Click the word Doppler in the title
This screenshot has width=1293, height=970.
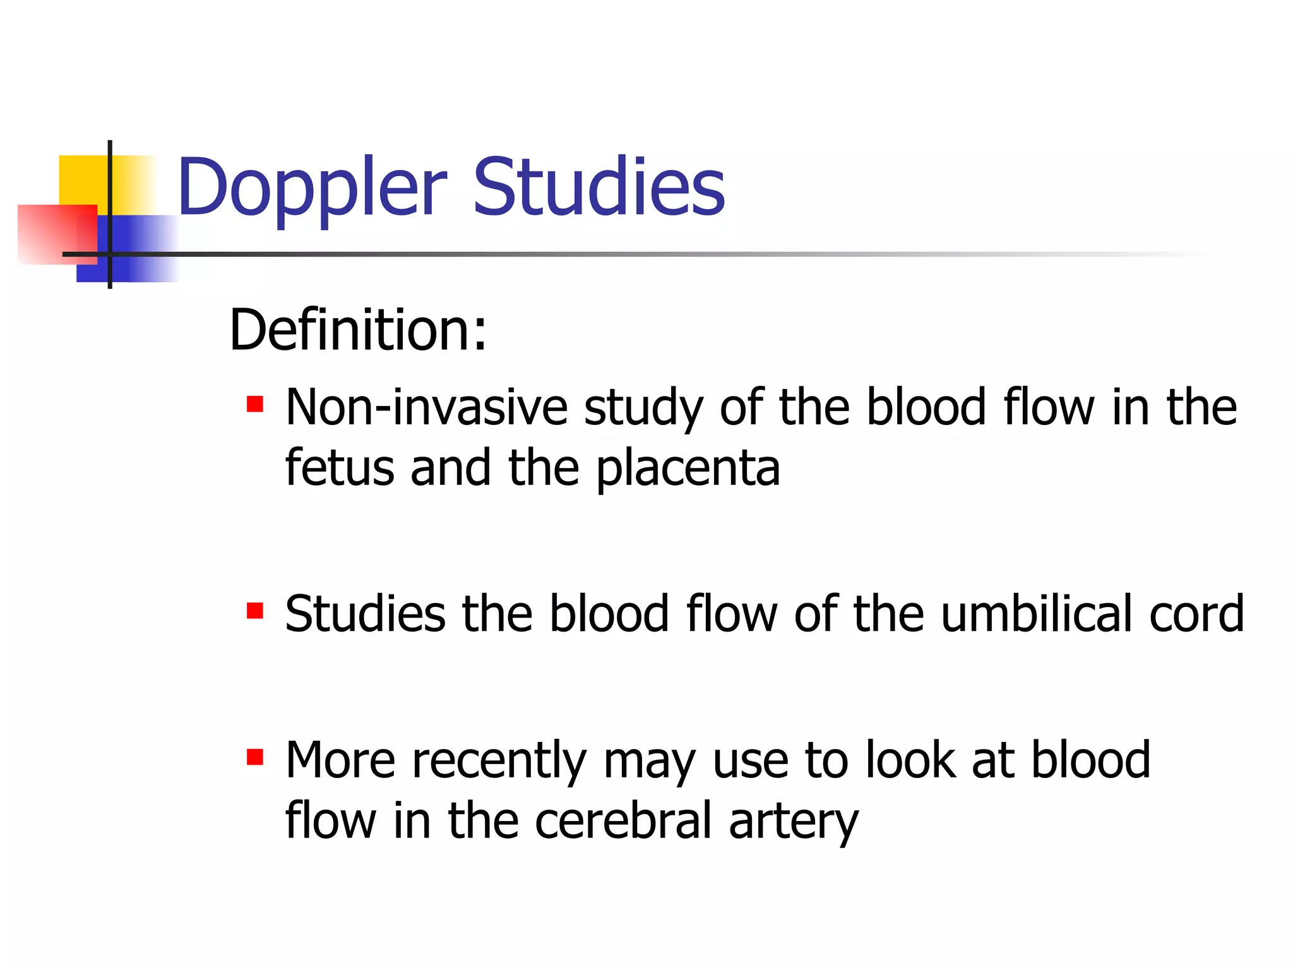(x=313, y=188)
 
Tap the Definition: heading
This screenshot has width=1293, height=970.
(x=358, y=330)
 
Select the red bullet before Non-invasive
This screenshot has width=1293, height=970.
(x=255, y=404)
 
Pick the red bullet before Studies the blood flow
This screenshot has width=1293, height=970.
(x=255, y=611)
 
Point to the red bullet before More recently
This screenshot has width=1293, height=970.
(x=255, y=757)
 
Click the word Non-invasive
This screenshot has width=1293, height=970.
(x=427, y=407)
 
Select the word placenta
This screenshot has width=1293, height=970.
(x=688, y=469)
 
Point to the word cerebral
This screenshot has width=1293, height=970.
(x=623, y=820)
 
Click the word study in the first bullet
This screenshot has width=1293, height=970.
(x=643, y=409)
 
